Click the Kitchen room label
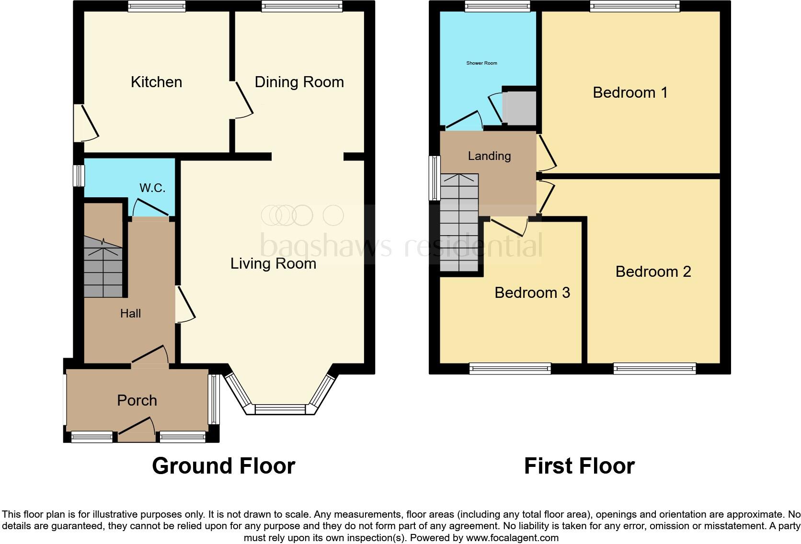pos(156,82)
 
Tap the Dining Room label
pos(299,82)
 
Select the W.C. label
pos(152,188)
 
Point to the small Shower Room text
pos(481,63)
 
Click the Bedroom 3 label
pos(532,293)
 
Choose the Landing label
pos(489,156)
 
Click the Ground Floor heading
pos(223,465)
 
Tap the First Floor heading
pos(579,465)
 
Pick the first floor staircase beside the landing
pos(459,223)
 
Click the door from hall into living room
pos(185,304)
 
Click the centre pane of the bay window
pos(280,409)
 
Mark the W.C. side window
pos(79,175)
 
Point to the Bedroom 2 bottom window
pos(654,368)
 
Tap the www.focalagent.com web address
pos(512,538)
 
